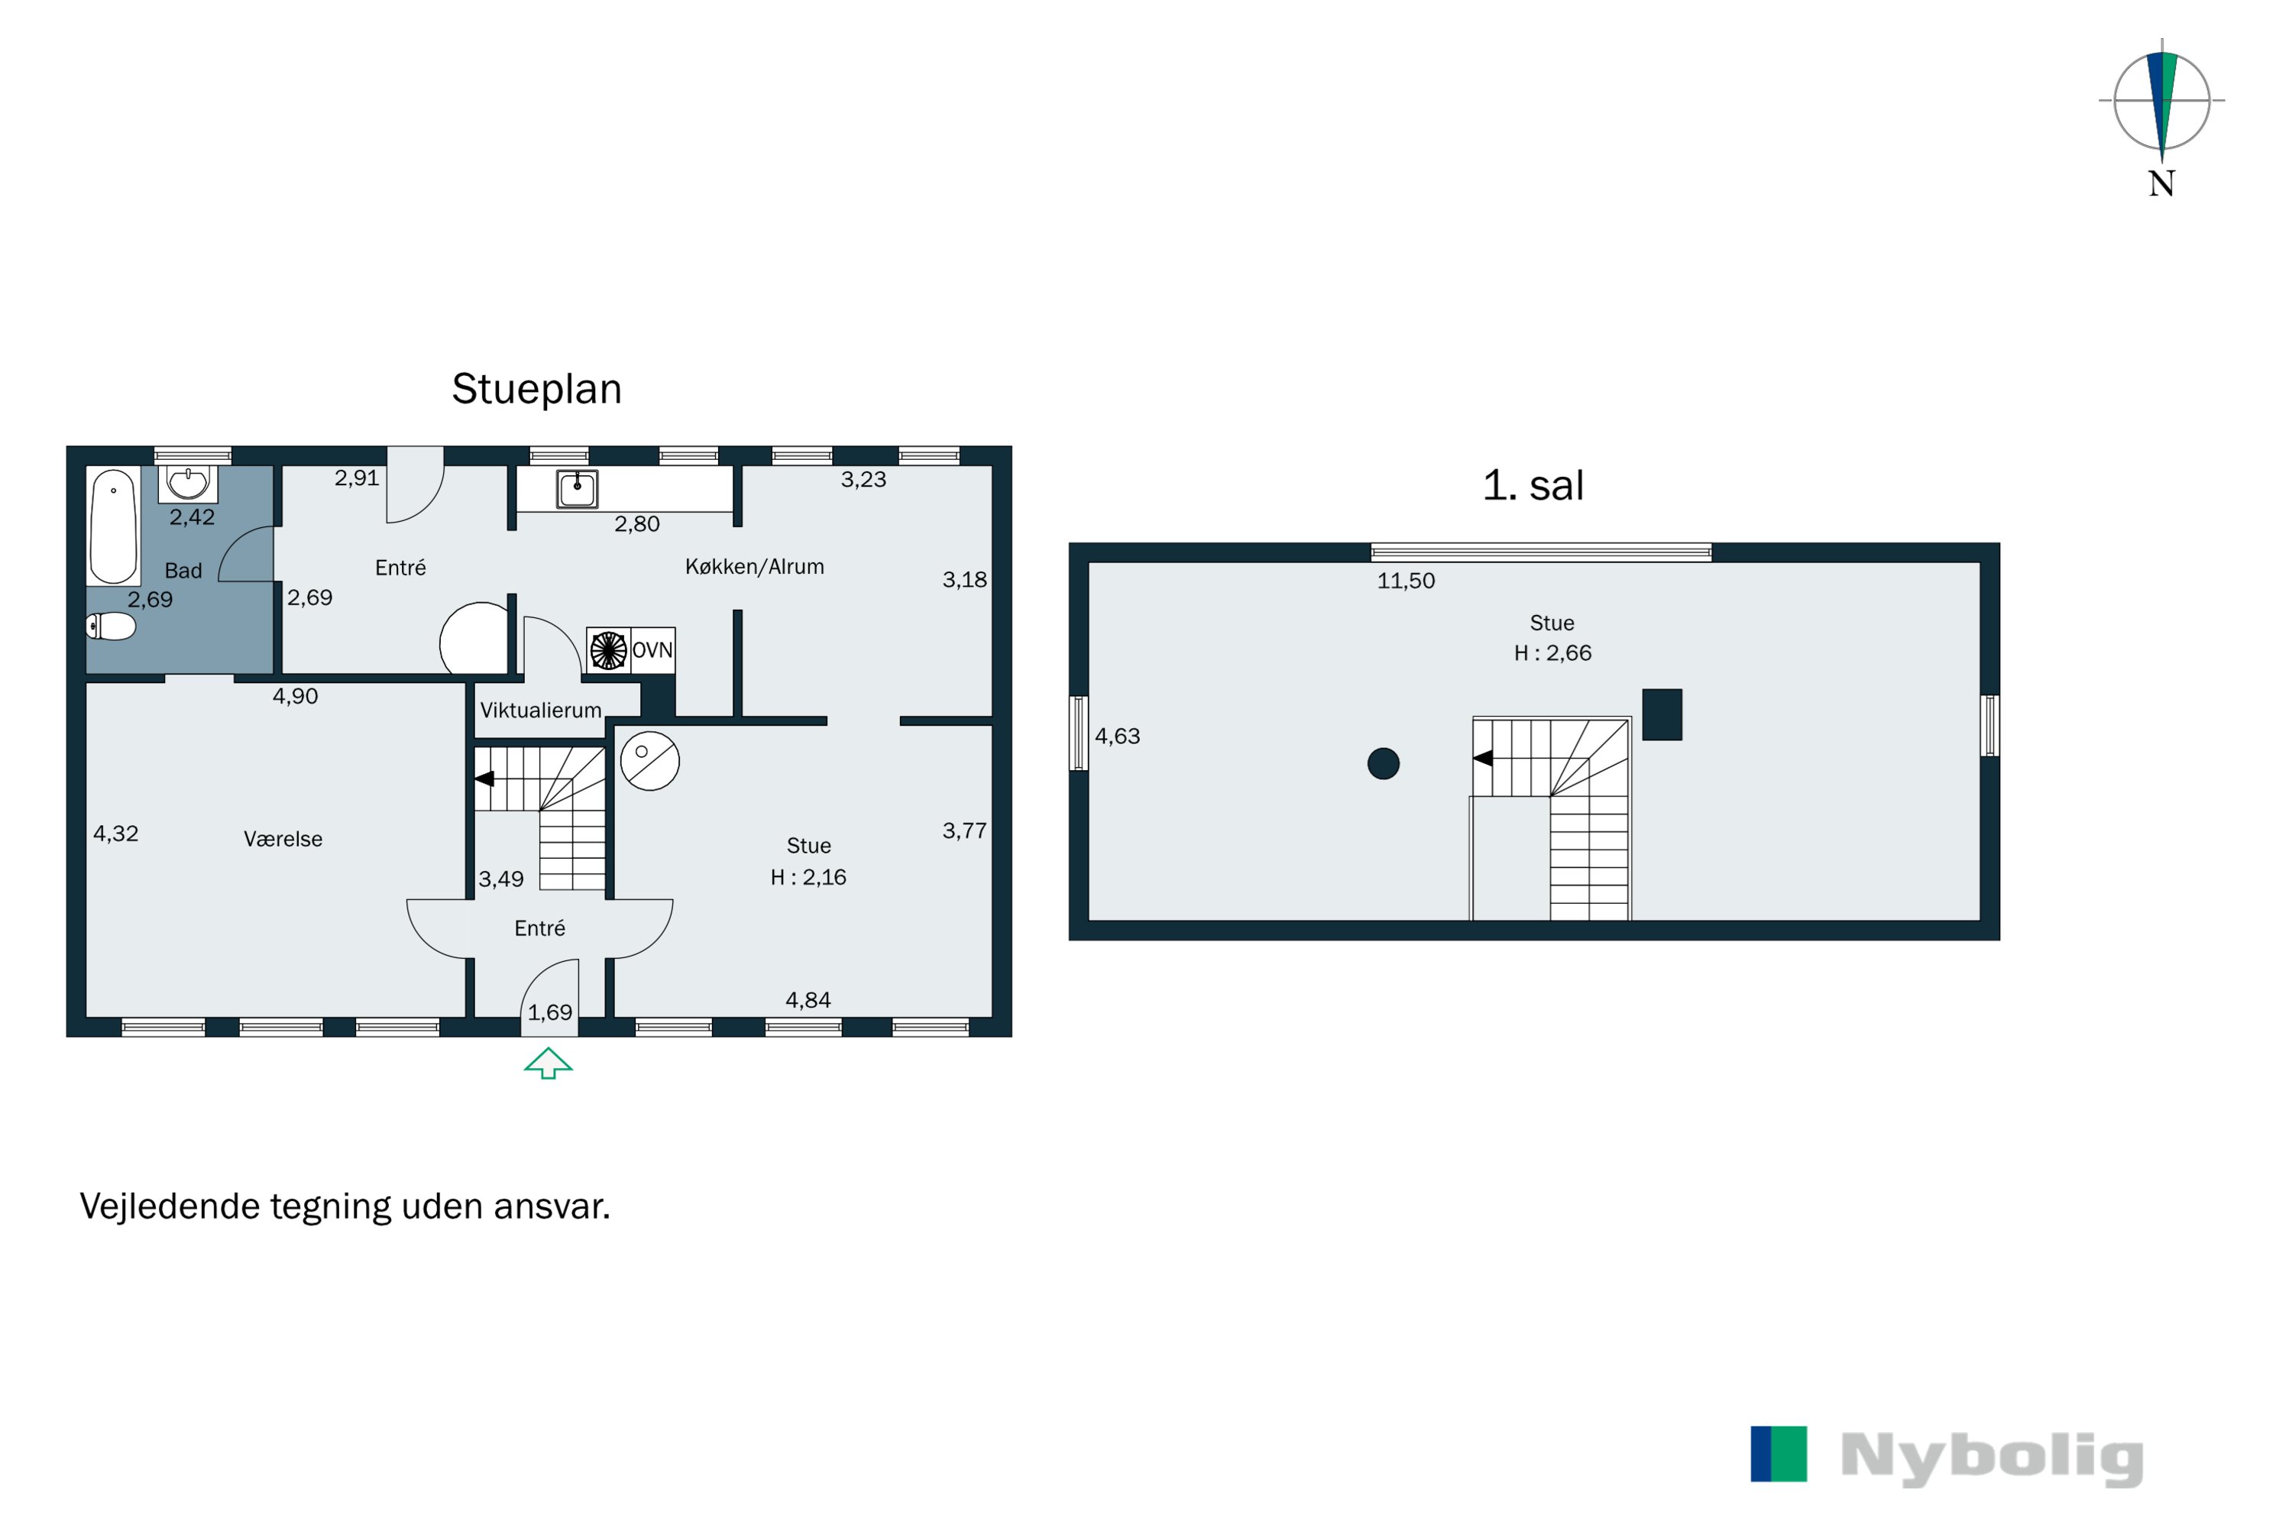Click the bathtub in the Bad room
pyautogui.click(x=113, y=526)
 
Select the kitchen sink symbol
pyautogui.click(x=577, y=489)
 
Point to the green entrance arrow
pyautogui.click(x=548, y=1063)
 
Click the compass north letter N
pyautogui.click(x=2161, y=183)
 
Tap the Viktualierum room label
pyautogui.click(x=540, y=711)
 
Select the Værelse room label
pyautogui.click(x=283, y=839)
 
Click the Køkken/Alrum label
pyautogui.click(x=754, y=567)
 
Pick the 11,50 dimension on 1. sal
pyautogui.click(x=1405, y=581)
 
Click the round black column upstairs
pyautogui.click(x=1383, y=763)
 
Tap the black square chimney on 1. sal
pyautogui.click(x=1662, y=714)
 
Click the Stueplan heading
pyautogui.click(x=536, y=389)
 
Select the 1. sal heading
pyautogui.click(x=1532, y=485)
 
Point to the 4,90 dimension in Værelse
pyautogui.click(x=294, y=696)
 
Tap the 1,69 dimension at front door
pyautogui.click(x=549, y=1012)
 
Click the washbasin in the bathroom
pyautogui.click(x=187, y=481)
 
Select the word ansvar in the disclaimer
pyautogui.click(x=552, y=1206)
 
